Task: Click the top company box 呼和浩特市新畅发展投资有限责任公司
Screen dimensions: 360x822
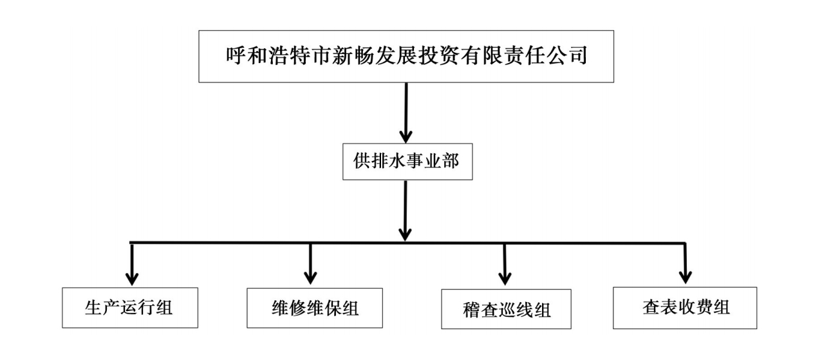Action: pyautogui.click(x=406, y=56)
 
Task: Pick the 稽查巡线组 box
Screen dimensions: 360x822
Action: pyautogui.click(x=507, y=310)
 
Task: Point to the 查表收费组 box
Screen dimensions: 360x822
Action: pyautogui.click(x=684, y=308)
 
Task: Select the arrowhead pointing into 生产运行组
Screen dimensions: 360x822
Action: pyautogui.click(x=132, y=278)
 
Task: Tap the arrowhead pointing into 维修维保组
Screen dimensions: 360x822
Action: pyautogui.click(x=310, y=278)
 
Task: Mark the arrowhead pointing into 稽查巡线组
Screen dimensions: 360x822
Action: pyautogui.click(x=505, y=279)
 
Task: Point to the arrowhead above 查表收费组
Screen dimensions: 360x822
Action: pyautogui.click(x=684, y=278)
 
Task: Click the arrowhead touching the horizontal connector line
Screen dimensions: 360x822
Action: pyautogui.click(x=405, y=233)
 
